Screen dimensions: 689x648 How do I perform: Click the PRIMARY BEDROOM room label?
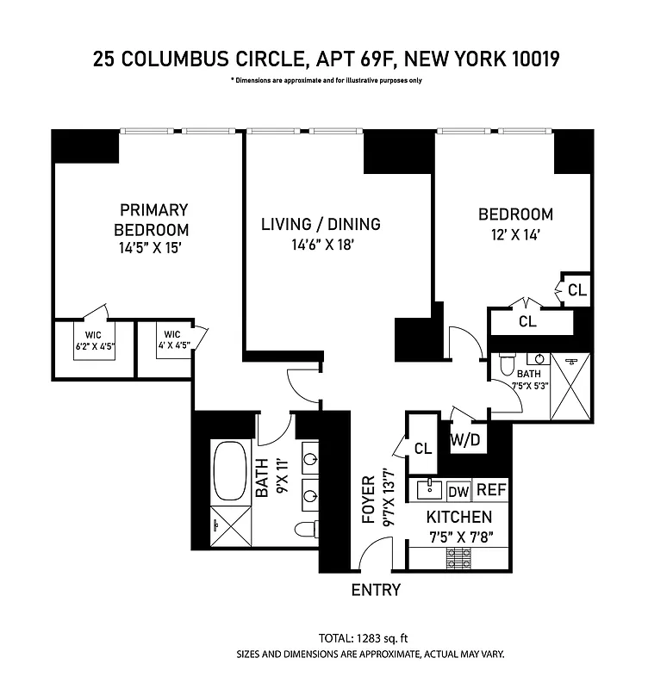153,220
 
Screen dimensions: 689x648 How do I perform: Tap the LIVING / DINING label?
321,224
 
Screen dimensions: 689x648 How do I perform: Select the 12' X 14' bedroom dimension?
515,233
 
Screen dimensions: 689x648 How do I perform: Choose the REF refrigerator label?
491,489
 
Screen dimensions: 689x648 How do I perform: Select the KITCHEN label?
459,518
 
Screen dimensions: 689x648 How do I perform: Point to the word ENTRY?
376,590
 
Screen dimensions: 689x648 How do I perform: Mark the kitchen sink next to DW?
430,489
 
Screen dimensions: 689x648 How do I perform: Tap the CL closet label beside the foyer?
422,449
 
